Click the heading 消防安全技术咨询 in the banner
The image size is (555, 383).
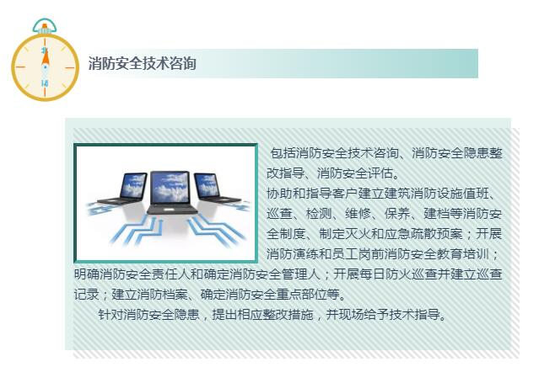[143, 63]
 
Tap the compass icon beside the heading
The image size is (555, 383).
[45, 64]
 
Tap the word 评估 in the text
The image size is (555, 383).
[380, 173]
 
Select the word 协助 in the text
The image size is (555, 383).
[277, 194]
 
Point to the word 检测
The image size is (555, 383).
[318, 214]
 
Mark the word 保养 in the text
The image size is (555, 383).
[396, 214]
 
